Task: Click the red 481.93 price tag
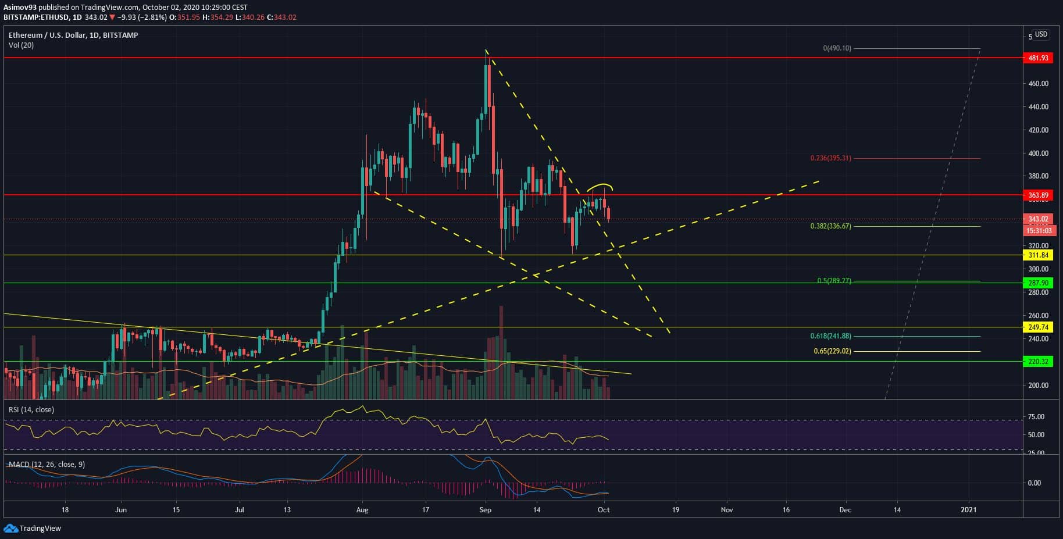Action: (x=1038, y=58)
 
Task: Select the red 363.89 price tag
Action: (x=1038, y=195)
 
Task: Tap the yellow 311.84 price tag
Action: (x=1038, y=255)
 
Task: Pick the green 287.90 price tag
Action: (x=1038, y=283)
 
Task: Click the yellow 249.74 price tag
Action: (x=1038, y=327)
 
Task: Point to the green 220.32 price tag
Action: (x=1038, y=362)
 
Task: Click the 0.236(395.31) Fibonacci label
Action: (x=830, y=158)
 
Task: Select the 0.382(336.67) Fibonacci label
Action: (x=830, y=226)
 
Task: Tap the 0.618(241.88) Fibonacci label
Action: (x=830, y=336)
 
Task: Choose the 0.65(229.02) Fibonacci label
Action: (x=832, y=351)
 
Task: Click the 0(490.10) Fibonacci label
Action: (x=837, y=48)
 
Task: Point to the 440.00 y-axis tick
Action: (x=1038, y=107)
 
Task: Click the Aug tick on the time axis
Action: (x=362, y=510)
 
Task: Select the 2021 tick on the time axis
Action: (x=969, y=510)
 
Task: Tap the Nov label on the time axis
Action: (x=727, y=510)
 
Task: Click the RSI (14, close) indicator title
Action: (x=31, y=410)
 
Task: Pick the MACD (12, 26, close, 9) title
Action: (x=47, y=465)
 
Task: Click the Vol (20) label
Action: (x=21, y=45)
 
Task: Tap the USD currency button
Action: (x=1041, y=34)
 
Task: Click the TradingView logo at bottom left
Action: (x=33, y=529)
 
